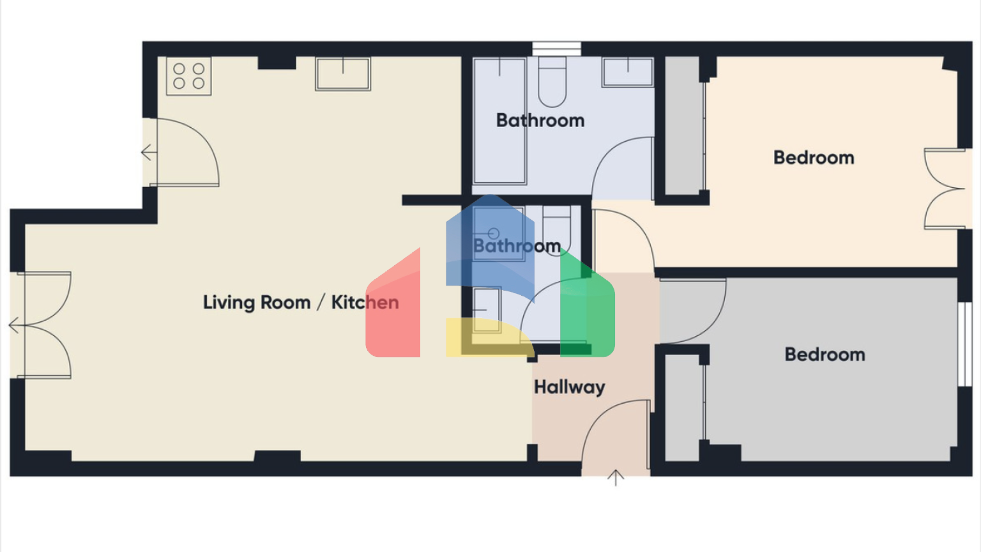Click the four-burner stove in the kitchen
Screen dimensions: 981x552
[189, 76]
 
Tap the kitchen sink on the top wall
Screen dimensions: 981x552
[343, 74]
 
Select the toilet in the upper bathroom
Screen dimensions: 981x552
[552, 82]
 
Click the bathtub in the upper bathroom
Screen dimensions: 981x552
[499, 121]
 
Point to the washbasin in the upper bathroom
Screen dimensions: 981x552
[628, 72]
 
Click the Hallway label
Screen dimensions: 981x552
[569, 387]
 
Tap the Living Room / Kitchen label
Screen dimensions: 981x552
[301, 303]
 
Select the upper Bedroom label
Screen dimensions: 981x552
[814, 158]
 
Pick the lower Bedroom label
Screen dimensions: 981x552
[825, 355]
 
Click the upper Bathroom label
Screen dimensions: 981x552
[540, 121]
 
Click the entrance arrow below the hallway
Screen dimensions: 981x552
[616, 477]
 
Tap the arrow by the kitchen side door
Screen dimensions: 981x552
[149, 153]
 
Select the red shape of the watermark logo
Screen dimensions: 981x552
[393, 302]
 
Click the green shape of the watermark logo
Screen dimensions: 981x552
[588, 302]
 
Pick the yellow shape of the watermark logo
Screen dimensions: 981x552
[490, 337]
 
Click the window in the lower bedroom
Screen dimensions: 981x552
[965, 344]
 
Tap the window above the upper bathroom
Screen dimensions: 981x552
[557, 49]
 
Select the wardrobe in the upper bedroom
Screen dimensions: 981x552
[685, 126]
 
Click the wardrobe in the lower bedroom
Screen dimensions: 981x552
[685, 408]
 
